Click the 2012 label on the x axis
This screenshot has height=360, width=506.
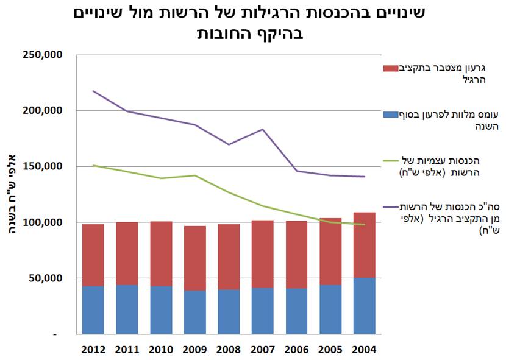93,350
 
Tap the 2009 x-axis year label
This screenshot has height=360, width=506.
195,350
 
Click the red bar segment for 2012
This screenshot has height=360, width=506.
93,255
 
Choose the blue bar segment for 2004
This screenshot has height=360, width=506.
365,306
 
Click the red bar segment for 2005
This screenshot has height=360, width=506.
330,252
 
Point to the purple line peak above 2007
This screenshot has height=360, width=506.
263,129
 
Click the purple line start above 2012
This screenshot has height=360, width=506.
93,91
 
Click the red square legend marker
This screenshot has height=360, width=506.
390,68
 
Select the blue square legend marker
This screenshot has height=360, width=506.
390,114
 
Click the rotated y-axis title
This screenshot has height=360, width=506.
13,195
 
